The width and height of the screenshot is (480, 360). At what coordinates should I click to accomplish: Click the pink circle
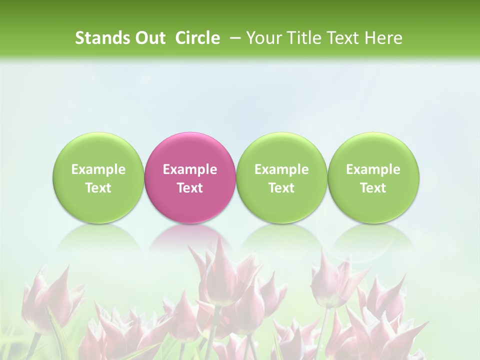(x=190, y=178)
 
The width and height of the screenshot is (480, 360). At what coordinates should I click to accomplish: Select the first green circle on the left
(x=98, y=178)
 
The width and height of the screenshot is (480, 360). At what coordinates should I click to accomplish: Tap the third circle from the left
(x=281, y=178)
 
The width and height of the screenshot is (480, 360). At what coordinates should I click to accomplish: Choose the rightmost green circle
(x=373, y=178)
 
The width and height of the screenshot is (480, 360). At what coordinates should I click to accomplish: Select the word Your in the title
(x=263, y=38)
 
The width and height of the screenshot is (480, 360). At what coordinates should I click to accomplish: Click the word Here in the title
(x=385, y=38)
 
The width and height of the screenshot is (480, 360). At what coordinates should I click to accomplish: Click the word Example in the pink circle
(x=190, y=169)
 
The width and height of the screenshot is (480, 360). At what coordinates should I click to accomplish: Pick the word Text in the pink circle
(x=190, y=188)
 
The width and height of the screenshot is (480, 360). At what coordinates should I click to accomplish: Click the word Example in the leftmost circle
(x=98, y=169)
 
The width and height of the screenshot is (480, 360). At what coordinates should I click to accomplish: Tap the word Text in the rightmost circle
(x=373, y=188)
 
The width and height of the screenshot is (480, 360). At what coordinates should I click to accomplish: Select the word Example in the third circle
(x=281, y=169)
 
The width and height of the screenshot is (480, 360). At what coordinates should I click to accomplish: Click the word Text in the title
(x=342, y=38)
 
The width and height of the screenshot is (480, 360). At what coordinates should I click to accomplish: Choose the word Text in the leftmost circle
(x=98, y=188)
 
